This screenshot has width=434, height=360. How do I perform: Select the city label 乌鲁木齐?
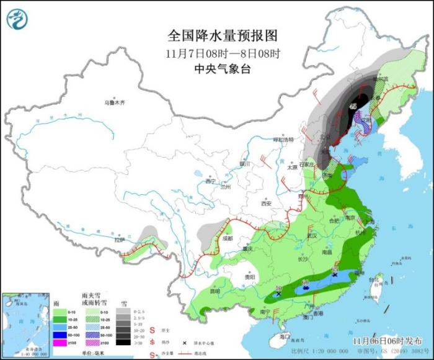pyautogui.click(x=115, y=102)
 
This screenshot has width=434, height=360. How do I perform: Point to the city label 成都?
pyautogui.click(x=226, y=238)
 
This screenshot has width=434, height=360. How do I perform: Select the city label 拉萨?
pyautogui.click(x=120, y=240)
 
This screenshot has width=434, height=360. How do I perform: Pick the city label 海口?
pyautogui.click(x=285, y=336)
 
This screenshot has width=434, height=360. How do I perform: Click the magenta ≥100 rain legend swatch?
pyautogui.click(x=61, y=342)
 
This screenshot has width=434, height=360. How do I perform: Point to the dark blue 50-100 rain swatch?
pyautogui.click(x=61, y=334)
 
